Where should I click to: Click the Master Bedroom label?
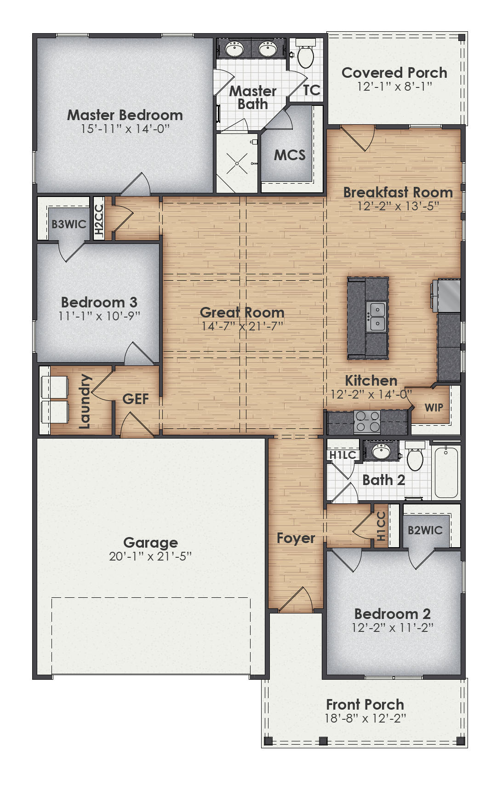(x=125, y=115)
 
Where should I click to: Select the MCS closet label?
(x=290, y=155)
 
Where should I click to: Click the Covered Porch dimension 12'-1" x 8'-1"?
(x=394, y=86)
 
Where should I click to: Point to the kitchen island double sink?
(x=376, y=317)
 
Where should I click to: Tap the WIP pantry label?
(x=434, y=407)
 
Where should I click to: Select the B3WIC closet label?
(x=68, y=224)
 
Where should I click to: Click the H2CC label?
(x=99, y=220)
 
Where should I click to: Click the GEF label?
(x=135, y=399)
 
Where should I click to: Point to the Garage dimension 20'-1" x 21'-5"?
(x=150, y=556)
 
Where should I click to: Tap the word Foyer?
(x=296, y=538)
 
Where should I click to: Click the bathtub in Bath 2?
(x=446, y=472)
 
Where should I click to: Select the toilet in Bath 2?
(x=415, y=458)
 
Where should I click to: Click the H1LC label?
(x=342, y=455)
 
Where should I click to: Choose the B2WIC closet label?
(x=425, y=530)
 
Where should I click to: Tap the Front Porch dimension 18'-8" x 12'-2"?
(x=365, y=718)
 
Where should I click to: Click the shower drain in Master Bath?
(x=237, y=163)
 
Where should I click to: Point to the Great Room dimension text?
(x=242, y=326)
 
